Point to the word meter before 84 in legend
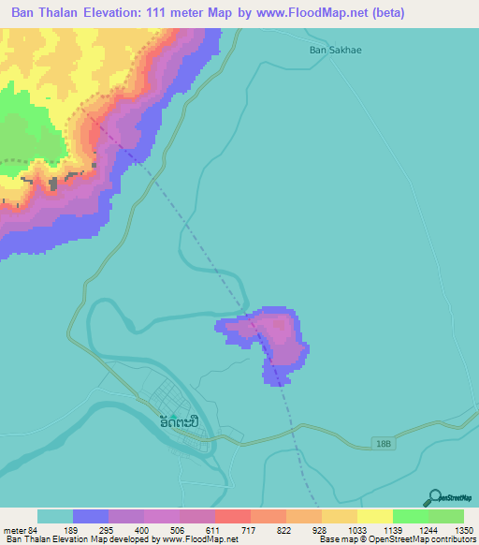pyautogui.click(x=18, y=530)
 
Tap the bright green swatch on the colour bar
pyautogui.click(x=411, y=517)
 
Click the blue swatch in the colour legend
pyautogui.click(x=91, y=517)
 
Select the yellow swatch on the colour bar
pyautogui.click(x=375, y=517)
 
